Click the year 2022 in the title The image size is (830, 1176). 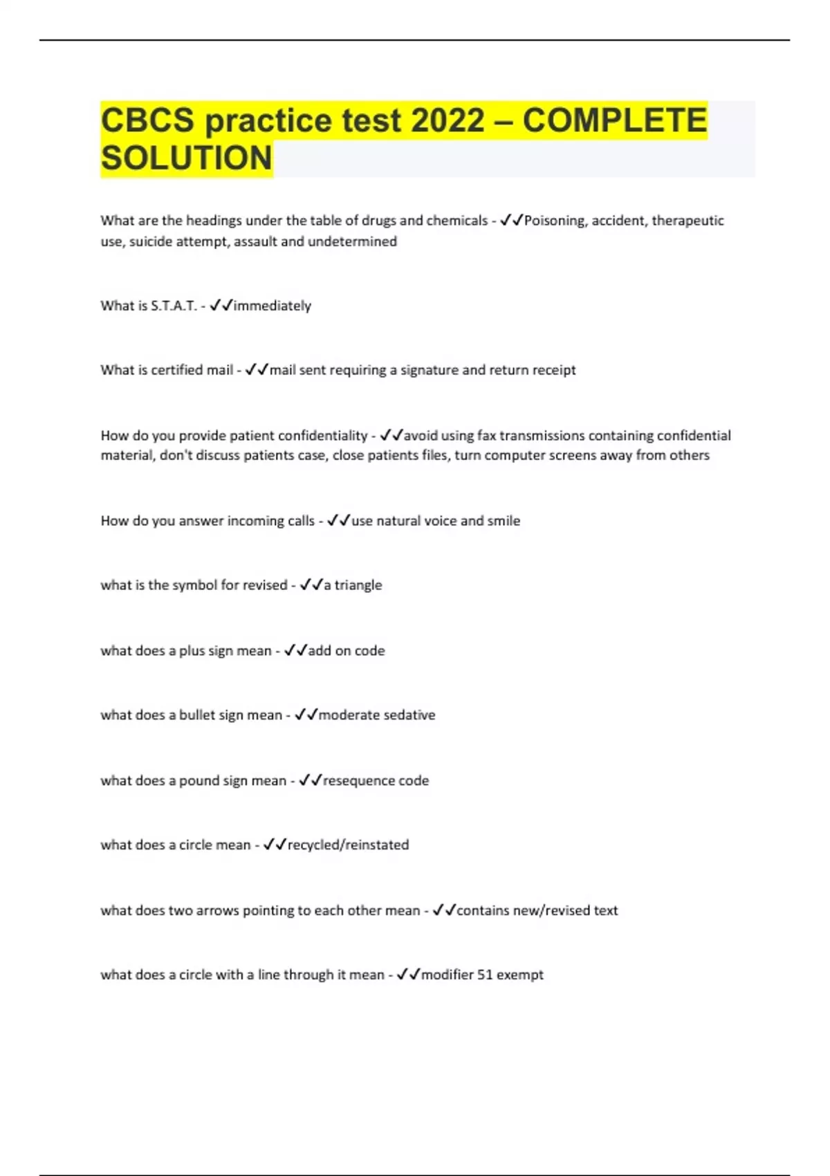tap(448, 120)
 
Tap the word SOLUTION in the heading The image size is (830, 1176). tap(187, 158)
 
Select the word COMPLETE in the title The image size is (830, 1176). tap(615, 120)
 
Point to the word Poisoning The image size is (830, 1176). tap(554, 221)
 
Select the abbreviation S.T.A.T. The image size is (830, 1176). tap(174, 306)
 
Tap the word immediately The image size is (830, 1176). tap(273, 306)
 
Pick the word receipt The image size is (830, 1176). tap(551, 370)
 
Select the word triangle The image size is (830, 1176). tap(358, 585)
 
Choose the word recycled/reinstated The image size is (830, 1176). tap(348, 845)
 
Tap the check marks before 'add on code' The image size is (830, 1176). tap(295, 650)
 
